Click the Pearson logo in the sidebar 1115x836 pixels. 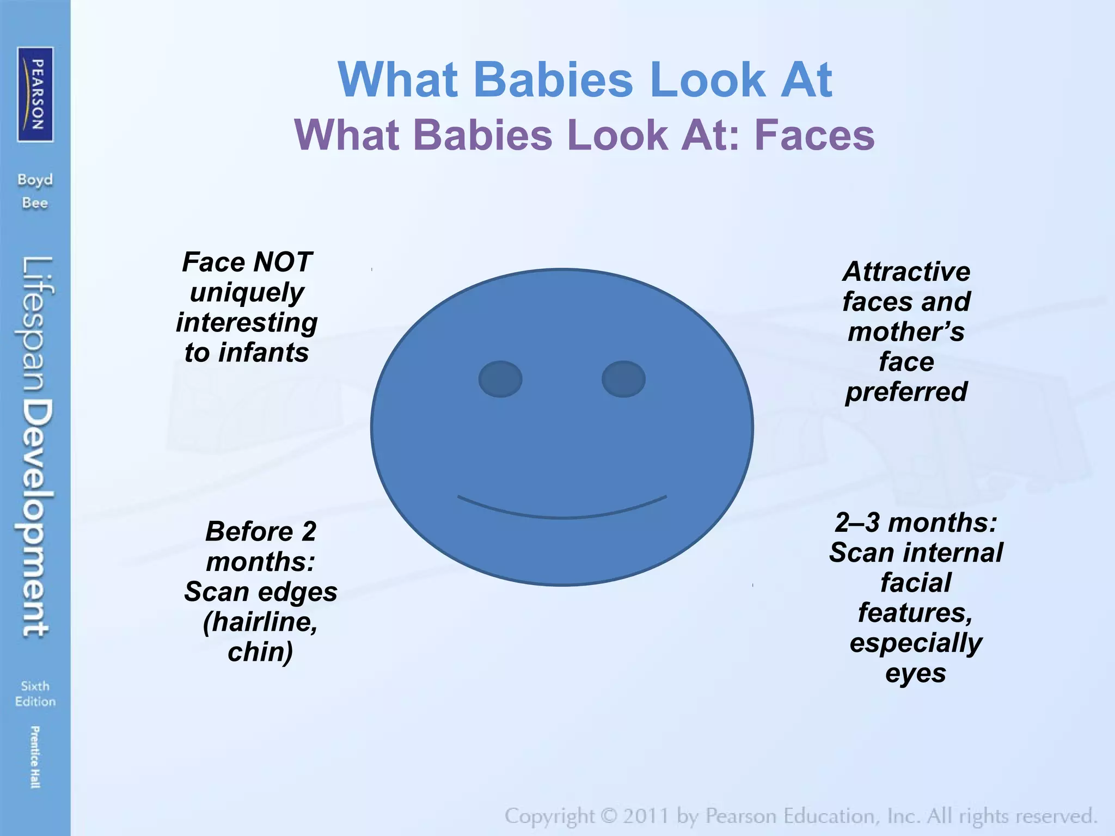(35, 94)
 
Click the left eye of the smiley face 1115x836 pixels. (500, 379)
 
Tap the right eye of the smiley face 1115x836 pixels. (623, 379)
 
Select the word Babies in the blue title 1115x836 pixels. (554, 80)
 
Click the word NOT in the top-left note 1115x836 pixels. (283, 262)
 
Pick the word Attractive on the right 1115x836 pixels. (906, 272)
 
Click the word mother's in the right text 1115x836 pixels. (906, 331)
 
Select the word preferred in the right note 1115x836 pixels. (906, 391)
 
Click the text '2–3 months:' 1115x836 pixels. (916, 522)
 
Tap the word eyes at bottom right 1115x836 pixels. (916, 673)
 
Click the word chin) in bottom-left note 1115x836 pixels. (260, 651)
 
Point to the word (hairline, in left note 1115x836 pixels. (260, 622)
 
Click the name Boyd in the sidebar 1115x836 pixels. (35, 180)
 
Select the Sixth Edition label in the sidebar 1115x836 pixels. (35, 693)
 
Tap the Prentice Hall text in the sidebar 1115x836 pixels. (35, 757)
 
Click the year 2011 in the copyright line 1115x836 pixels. (646, 816)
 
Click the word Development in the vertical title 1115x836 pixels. (37, 518)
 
